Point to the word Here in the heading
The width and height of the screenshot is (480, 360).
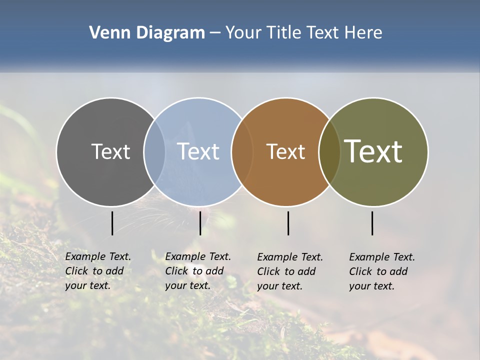[x=363, y=33]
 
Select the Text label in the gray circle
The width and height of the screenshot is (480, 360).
[x=110, y=151]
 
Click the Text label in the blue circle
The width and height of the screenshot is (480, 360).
[x=198, y=151]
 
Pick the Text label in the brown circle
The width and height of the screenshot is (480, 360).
[x=285, y=151]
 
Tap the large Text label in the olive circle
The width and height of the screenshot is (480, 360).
[x=373, y=151]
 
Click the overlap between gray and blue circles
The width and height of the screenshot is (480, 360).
[x=154, y=151]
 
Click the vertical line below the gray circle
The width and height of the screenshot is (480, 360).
[x=112, y=223]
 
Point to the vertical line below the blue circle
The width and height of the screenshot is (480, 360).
[x=200, y=223]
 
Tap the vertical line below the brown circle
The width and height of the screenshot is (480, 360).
[x=288, y=223]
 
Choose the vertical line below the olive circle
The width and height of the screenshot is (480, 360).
[x=372, y=223]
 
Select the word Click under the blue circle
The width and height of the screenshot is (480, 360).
[x=176, y=271]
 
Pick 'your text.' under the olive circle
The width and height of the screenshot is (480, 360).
[x=372, y=286]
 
